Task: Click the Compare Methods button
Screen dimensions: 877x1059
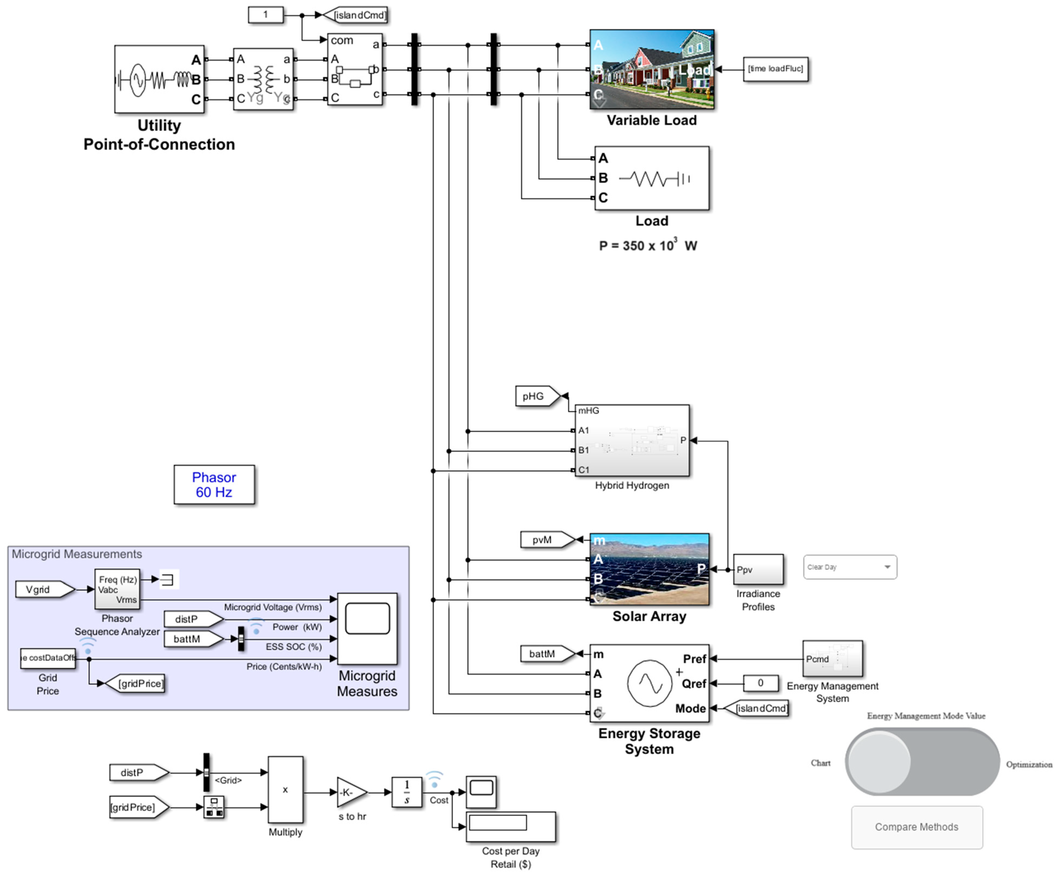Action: [916, 827]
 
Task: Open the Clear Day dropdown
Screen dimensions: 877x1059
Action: [850, 567]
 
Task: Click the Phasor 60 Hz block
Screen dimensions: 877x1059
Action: [214, 484]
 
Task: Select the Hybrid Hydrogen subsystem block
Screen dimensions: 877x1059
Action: [632, 440]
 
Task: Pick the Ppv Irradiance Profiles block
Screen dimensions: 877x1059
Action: [758, 570]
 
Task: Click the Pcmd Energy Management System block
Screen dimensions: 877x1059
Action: [832, 658]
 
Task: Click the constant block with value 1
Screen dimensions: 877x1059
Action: [265, 15]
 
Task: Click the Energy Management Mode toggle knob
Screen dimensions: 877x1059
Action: [879, 762]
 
